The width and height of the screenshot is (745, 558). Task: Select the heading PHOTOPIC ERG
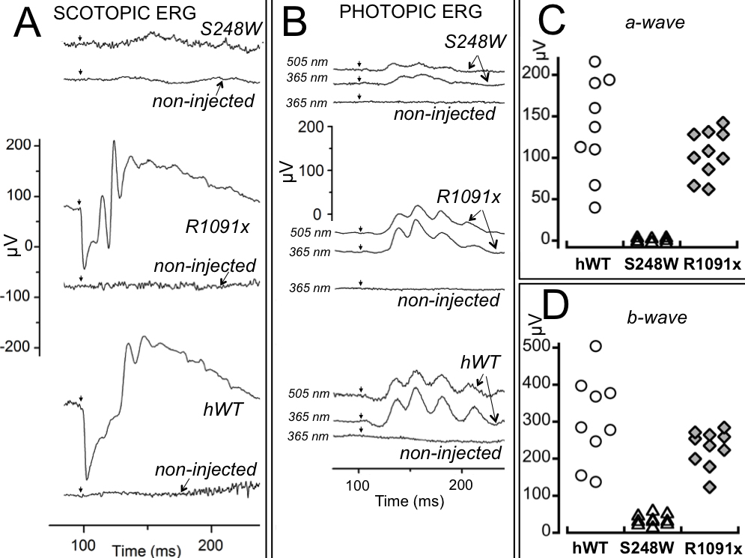pos(389,13)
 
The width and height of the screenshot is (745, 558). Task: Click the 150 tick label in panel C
pos(542,117)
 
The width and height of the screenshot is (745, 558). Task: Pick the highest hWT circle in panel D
pos(595,346)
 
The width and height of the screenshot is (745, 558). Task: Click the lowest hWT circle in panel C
pos(595,207)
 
